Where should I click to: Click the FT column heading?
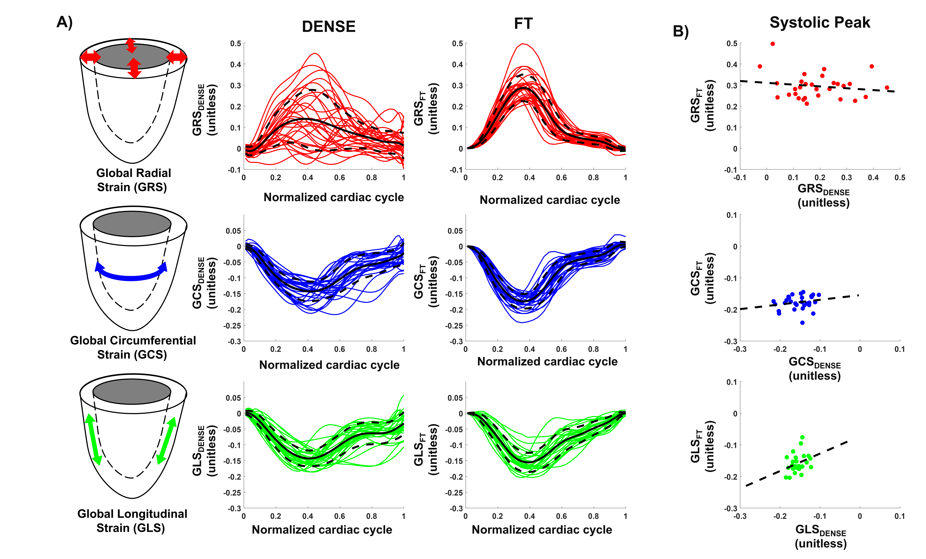tap(523, 24)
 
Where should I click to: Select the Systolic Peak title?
tap(820, 23)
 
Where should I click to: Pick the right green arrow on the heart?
tap(167, 440)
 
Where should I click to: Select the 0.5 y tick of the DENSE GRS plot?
tap(236, 44)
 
